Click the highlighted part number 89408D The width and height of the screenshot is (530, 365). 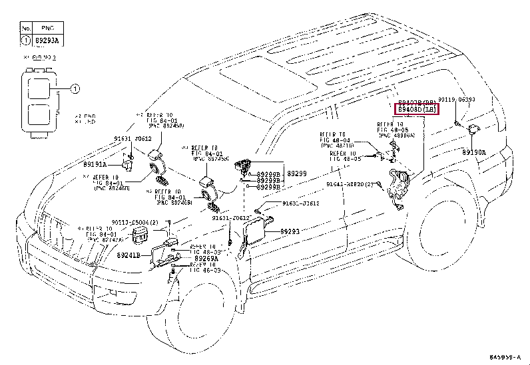coord(417,109)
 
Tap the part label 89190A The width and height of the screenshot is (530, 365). coord(474,152)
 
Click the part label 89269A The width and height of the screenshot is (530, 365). coord(201,259)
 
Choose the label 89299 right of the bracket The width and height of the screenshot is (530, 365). coord(297,173)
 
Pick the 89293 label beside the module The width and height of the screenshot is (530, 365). coord(290,231)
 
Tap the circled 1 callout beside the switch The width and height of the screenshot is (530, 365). coord(75,89)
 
